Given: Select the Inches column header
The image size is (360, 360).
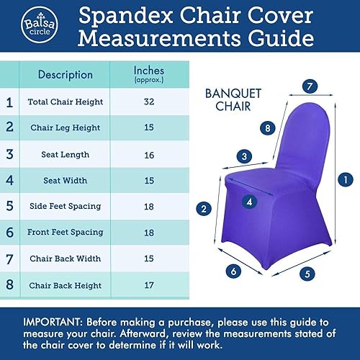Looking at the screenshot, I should pyautogui.click(x=149, y=73).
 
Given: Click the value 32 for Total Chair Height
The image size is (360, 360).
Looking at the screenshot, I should pyautogui.click(x=149, y=102).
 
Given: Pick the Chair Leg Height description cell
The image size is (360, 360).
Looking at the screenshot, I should pyautogui.click(x=65, y=128).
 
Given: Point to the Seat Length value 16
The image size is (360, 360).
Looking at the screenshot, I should pyautogui.click(x=149, y=154).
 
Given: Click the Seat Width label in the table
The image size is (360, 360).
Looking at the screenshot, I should pyautogui.click(x=65, y=180).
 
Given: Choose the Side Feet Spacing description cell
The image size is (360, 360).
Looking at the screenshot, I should pyautogui.click(x=65, y=206).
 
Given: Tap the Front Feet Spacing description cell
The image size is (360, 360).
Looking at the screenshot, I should pyautogui.click(x=65, y=232).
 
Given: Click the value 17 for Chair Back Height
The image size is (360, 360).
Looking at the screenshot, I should pyautogui.click(x=149, y=284).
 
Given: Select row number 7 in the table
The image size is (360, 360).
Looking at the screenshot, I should pyautogui.click(x=9, y=258).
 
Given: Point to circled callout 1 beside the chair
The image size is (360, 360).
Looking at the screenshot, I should pyautogui.click(x=346, y=179).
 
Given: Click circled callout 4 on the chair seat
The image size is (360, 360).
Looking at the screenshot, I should pyautogui.click(x=248, y=202).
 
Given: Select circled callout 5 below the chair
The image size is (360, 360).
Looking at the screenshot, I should pyautogui.click(x=307, y=274).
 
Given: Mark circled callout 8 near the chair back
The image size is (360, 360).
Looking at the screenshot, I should pyautogui.click(x=247, y=128).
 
